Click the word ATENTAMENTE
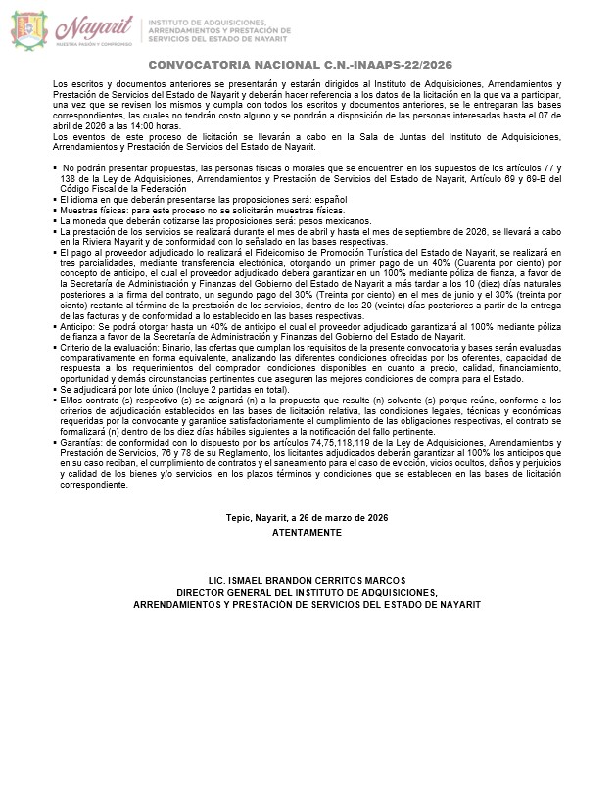308,533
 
